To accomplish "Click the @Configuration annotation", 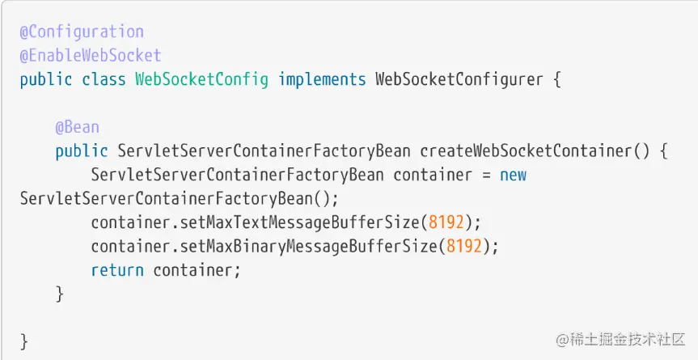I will tap(82, 32).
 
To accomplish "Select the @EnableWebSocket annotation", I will tap(91, 56).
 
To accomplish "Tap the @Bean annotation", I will tap(77, 127).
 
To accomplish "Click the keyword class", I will tap(104, 80).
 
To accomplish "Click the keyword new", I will tap(514, 175).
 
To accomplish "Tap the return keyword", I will tap(117, 270).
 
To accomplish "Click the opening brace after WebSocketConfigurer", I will tap(555, 80).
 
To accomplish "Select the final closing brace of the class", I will tap(24, 341).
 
